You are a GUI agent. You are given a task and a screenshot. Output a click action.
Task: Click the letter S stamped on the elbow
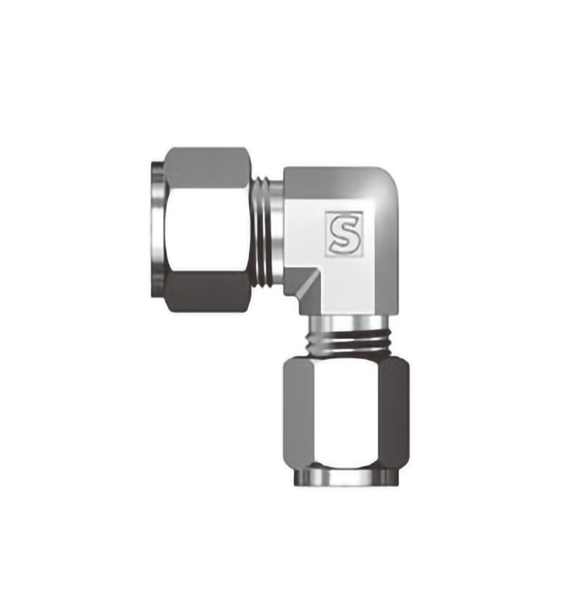[344, 234]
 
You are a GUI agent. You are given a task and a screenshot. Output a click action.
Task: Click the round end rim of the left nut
[157, 230]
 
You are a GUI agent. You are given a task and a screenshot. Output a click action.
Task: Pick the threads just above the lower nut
[347, 342]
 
